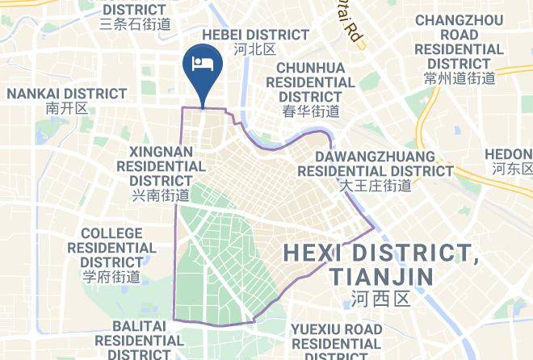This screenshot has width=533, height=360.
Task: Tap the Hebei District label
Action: [x=255, y=35]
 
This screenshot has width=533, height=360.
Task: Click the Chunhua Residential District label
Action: [x=310, y=82]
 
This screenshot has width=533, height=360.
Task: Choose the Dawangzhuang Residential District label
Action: [x=376, y=163]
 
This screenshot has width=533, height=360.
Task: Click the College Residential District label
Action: [x=111, y=248]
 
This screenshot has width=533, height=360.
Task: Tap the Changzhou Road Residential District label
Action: [x=459, y=41]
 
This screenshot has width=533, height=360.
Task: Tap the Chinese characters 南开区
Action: [x=66, y=108]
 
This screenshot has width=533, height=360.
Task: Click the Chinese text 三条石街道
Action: [x=135, y=24]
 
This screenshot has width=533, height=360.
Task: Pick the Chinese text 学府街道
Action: [x=111, y=277]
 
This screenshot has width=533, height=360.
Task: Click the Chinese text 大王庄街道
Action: [x=375, y=186]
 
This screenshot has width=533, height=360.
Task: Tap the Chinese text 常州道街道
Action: [x=459, y=78]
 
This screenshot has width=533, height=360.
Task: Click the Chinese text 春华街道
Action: [x=310, y=111]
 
